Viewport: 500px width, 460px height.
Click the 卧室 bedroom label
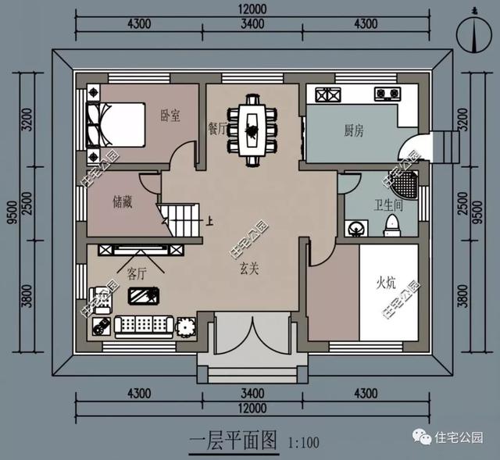click(x=170, y=116)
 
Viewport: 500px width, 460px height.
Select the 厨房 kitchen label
click(x=353, y=131)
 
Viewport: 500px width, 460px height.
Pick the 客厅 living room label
click(x=137, y=274)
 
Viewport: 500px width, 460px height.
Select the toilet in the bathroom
click(x=392, y=225)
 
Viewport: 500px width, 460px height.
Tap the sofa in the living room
click(x=144, y=324)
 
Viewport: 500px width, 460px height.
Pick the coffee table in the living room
click(x=143, y=296)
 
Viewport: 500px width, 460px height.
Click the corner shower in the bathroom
click(x=404, y=184)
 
